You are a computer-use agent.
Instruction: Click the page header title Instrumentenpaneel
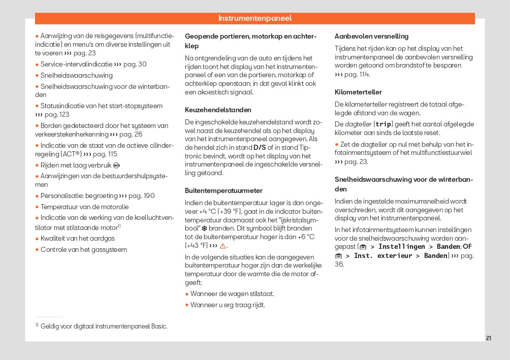(x=255, y=18)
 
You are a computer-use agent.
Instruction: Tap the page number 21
(x=488, y=338)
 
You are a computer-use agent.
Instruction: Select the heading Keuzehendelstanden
(x=218, y=110)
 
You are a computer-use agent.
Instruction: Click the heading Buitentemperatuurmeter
(x=224, y=190)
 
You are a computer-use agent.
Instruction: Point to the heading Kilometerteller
(x=358, y=92)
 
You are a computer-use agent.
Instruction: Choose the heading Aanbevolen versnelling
(x=371, y=36)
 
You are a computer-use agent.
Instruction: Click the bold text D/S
(x=260, y=147)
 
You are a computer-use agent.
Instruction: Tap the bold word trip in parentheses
(x=384, y=124)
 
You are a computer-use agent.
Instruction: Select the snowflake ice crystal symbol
(x=204, y=228)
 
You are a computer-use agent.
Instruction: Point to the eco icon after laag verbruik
(x=117, y=165)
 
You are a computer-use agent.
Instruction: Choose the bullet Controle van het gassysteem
(x=84, y=249)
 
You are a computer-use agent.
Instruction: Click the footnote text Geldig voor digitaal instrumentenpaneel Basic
(x=104, y=326)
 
